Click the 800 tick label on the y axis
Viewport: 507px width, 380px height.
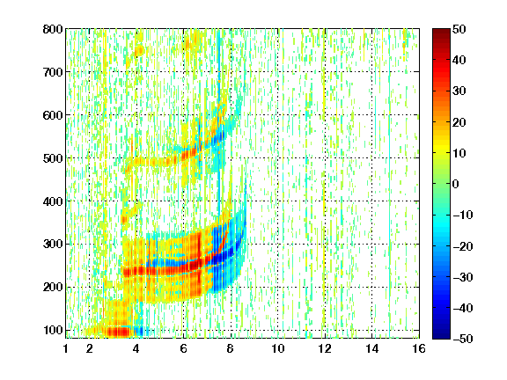(53, 29)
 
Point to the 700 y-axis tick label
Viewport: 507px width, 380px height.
(53, 72)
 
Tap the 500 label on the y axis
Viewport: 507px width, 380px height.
(53, 158)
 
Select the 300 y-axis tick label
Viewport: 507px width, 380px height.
(53, 245)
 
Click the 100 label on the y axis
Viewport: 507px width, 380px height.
(53, 330)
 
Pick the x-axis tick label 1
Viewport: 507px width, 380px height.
(66, 348)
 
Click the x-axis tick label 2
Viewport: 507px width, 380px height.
(90, 348)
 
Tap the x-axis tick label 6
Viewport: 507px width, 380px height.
(184, 348)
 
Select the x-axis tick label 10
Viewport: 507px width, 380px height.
(278, 348)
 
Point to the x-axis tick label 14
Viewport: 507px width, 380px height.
(372, 348)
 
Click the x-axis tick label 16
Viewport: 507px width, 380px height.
(419, 348)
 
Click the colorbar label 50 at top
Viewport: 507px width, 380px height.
(459, 29)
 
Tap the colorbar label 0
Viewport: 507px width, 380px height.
(456, 184)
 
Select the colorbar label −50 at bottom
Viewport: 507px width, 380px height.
(463, 339)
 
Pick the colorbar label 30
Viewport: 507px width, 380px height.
(459, 91)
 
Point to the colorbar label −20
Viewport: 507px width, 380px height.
(463, 246)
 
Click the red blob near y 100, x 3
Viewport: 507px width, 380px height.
(118, 332)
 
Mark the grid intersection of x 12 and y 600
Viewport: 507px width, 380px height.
(325, 114)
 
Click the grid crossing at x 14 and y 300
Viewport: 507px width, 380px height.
(372, 244)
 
